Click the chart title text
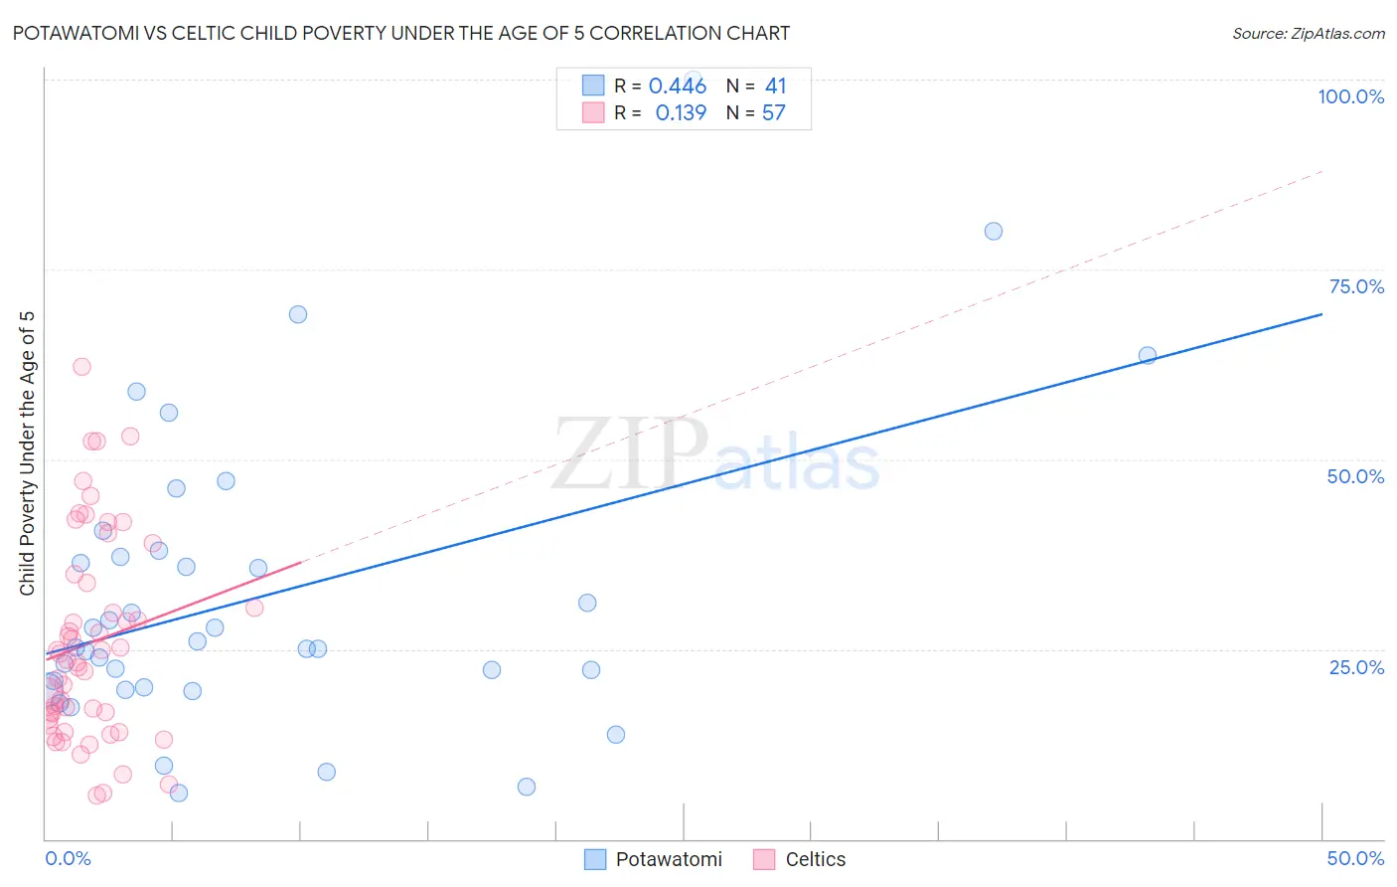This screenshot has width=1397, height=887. pos(401,33)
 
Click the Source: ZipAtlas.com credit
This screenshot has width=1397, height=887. pos(1308,33)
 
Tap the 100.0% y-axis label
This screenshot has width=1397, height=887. pos(1350,96)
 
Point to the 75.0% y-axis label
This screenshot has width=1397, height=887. pos(1356,286)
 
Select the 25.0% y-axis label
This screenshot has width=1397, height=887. pos(1356,666)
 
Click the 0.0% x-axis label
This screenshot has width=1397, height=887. pos(68,858)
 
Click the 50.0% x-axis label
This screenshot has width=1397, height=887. pos(1355,858)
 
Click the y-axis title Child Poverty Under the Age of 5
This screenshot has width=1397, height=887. pos(28,452)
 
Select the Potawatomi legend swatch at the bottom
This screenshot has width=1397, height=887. pos(595,859)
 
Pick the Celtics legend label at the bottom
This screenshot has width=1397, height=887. pos(815,859)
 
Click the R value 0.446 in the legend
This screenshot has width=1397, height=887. pos(677,87)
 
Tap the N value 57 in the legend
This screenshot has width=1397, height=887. pos(774,113)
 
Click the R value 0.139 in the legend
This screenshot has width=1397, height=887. pos(681,113)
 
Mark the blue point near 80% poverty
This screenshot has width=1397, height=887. pos(994,231)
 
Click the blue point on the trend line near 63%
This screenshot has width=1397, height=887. pos(1148,355)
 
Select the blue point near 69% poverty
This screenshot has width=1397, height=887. pos(298,314)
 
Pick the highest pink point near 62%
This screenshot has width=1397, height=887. pos(81,367)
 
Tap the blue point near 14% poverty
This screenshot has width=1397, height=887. pos(616,735)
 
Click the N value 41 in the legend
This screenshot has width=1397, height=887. pos(775,87)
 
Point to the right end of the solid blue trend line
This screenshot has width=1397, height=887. pos(1321,314)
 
